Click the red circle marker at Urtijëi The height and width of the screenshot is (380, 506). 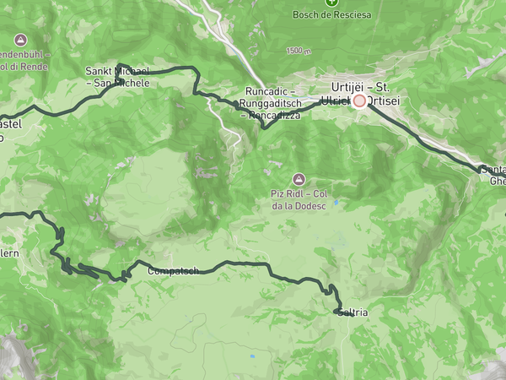pos(359,100)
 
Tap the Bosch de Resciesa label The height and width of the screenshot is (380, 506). pos(332,14)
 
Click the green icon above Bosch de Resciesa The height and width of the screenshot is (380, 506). pos(332,2)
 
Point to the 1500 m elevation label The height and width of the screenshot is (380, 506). pos(299,51)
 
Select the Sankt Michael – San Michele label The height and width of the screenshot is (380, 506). pos(117,77)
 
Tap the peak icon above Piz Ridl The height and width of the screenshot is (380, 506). pos(298,179)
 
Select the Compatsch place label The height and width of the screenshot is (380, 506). pos(173,271)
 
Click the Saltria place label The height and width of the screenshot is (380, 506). pos(352,312)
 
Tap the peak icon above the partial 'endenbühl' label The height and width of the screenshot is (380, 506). pos(20,40)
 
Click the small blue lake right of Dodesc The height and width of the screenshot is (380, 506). pos(335,204)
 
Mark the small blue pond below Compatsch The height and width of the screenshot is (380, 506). pos(250,356)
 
